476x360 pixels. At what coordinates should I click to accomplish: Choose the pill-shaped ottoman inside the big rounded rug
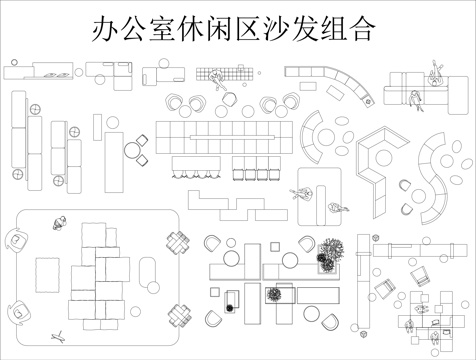click(148, 270)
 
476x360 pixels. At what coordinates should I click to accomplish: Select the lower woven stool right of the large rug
click(179, 313)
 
